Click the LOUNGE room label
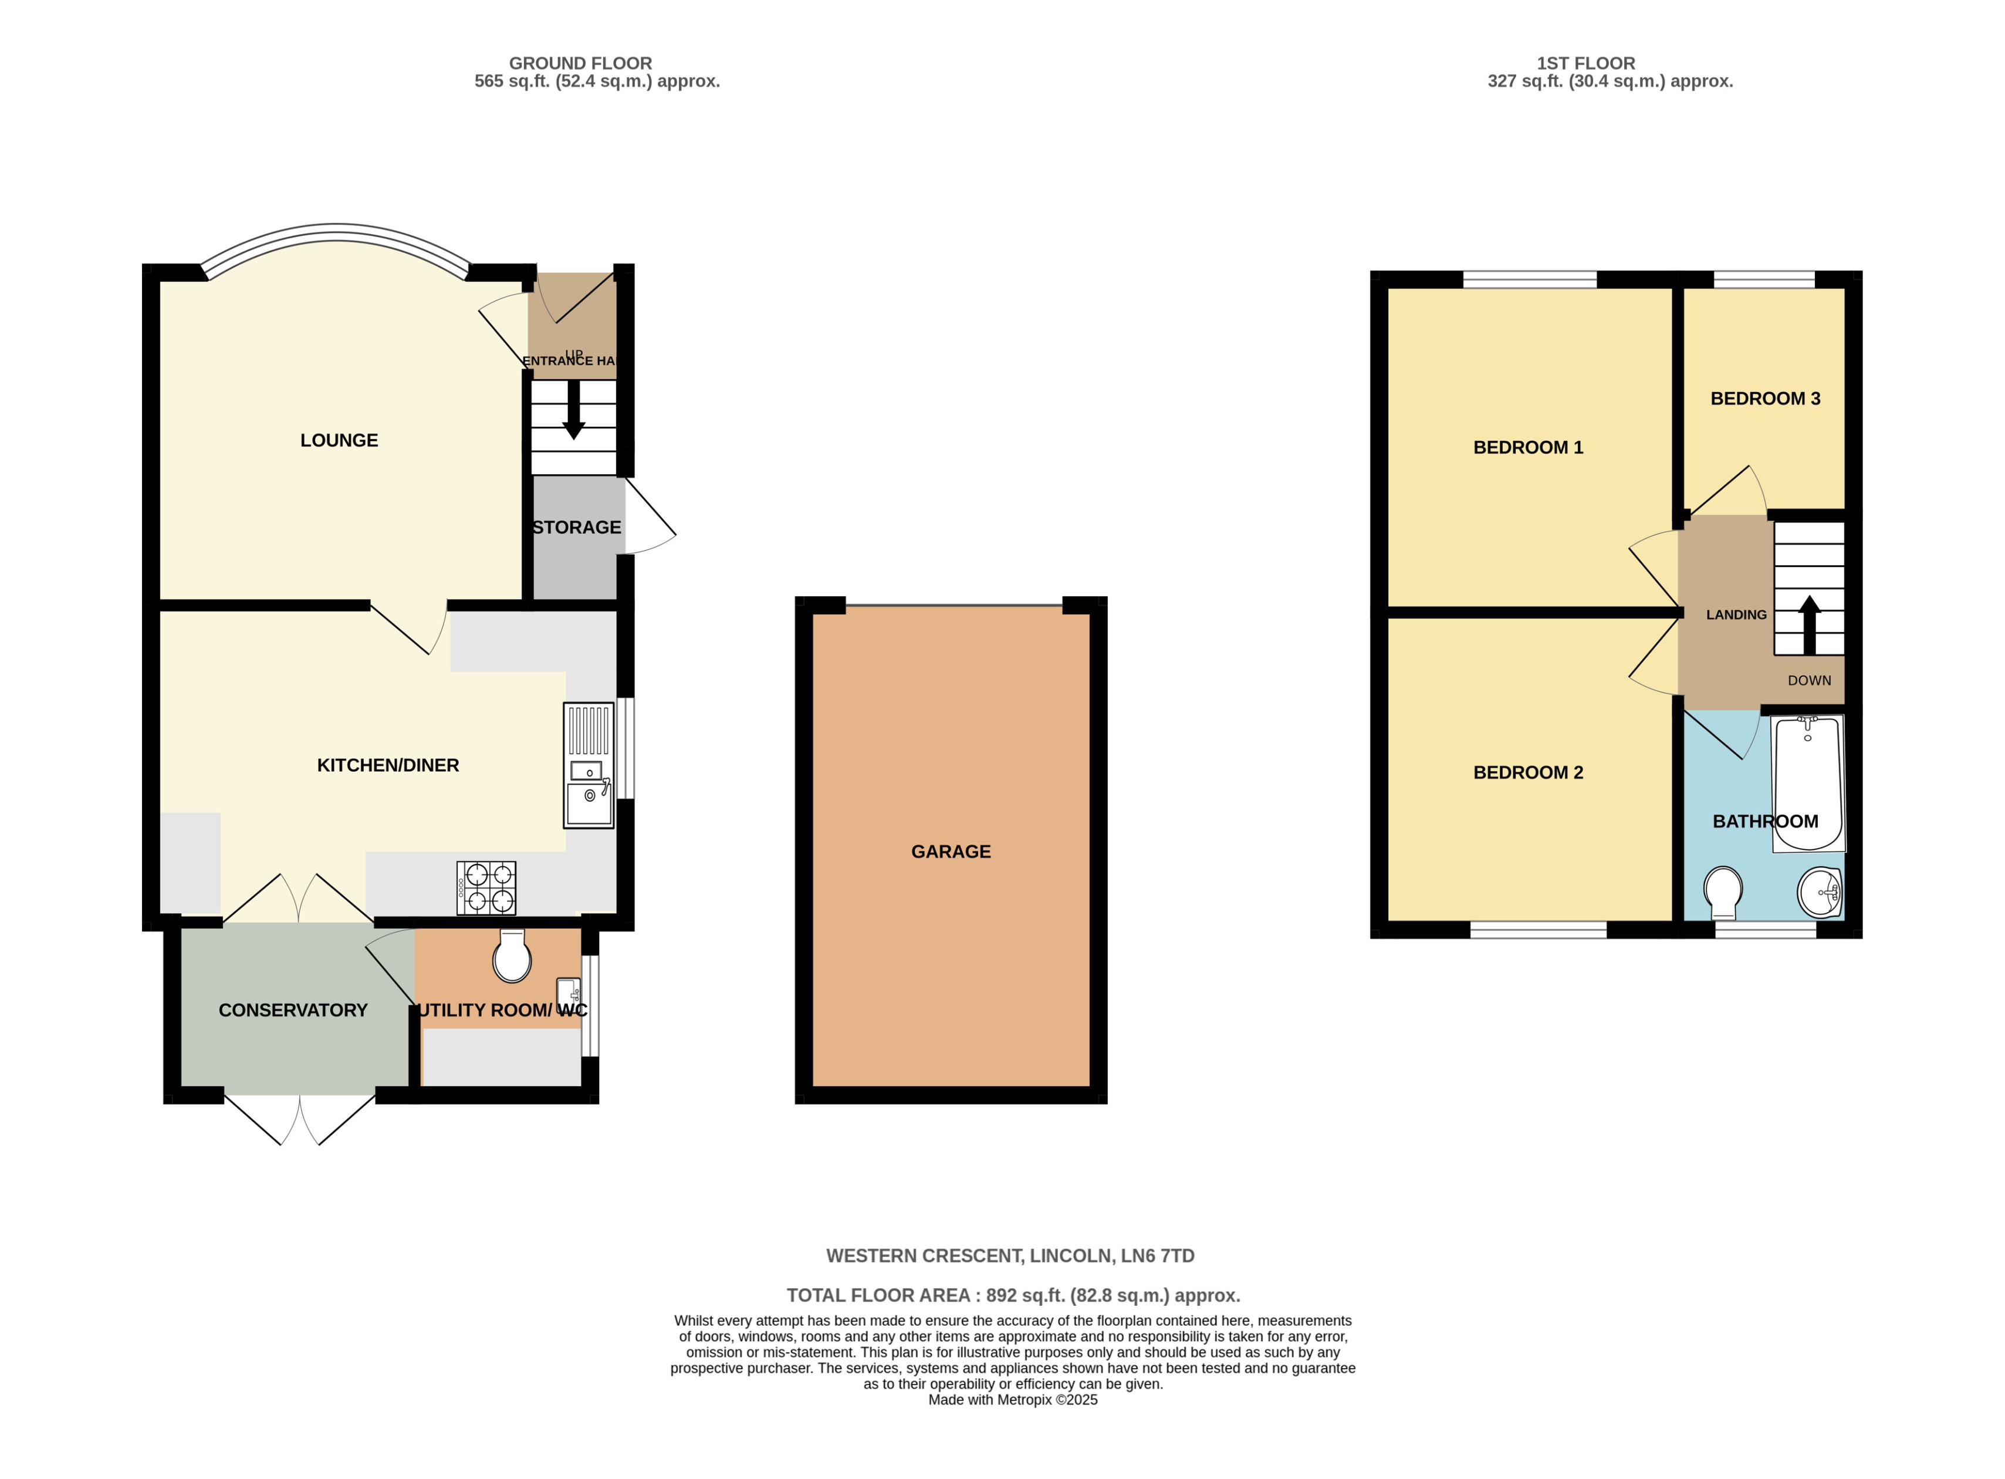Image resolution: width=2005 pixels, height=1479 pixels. (339, 441)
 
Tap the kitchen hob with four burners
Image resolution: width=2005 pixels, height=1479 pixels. (486, 887)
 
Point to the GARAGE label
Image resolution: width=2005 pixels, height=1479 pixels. (951, 852)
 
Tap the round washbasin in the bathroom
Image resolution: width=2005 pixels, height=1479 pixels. (1819, 892)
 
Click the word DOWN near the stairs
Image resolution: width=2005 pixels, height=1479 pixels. (1809, 680)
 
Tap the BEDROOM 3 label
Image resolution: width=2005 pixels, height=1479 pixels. (1765, 399)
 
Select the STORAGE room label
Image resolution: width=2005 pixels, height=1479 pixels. (576, 527)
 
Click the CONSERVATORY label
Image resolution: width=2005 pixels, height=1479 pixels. (293, 1010)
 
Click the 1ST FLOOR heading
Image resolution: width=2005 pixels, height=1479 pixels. (1585, 63)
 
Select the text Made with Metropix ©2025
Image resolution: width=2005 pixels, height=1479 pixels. (1012, 1400)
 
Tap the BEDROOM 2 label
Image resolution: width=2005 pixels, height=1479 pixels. (1528, 772)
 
